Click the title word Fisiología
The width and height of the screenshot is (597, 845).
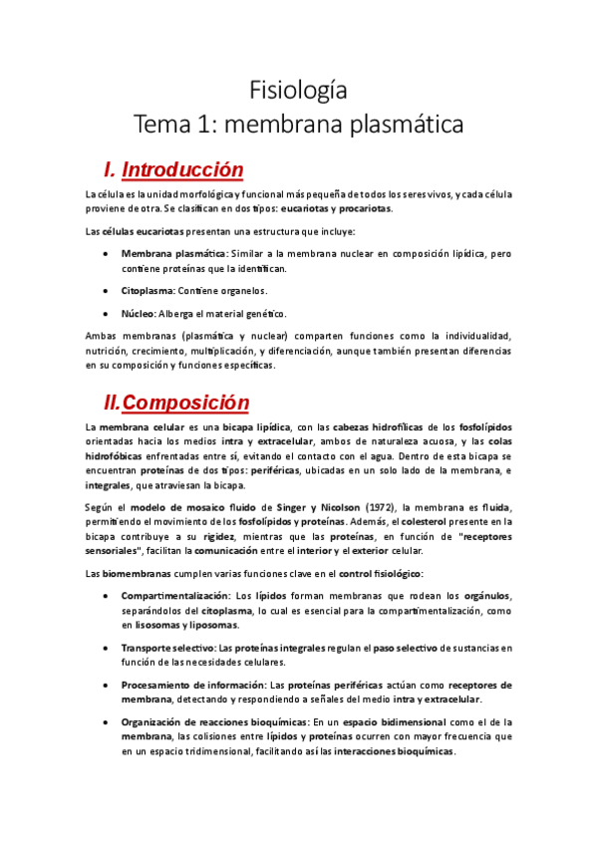click(x=298, y=91)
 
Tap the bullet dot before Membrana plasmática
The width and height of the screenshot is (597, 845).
click(x=107, y=255)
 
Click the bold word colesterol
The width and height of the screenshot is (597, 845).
click(x=460, y=521)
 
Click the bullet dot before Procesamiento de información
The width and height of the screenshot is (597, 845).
click(x=107, y=685)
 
